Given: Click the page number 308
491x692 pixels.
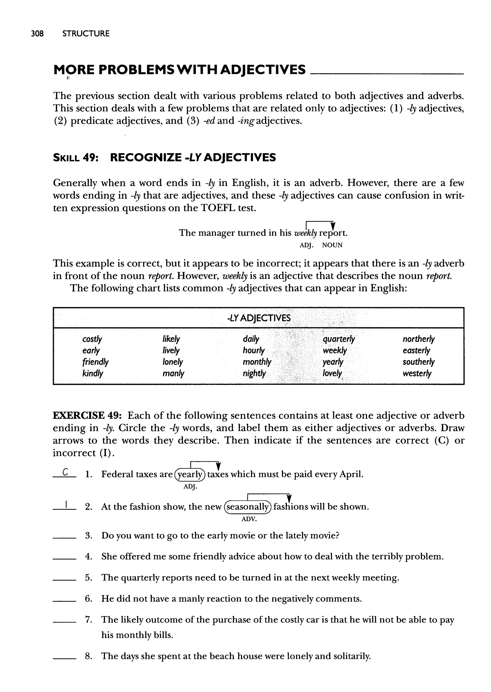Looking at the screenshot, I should point(37,34).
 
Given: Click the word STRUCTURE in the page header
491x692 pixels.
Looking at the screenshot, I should point(86,34).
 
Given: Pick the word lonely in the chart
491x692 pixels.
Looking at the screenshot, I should point(173,362).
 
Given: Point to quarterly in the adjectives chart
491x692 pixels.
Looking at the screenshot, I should point(339,339).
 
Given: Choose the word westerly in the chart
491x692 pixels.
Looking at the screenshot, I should point(417,373).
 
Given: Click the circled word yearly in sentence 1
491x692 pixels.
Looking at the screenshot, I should point(190,474).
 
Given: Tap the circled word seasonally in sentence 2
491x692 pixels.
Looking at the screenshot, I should point(248,507).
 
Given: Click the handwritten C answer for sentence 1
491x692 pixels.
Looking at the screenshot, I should point(65,472).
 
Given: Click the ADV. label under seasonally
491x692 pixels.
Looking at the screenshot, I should point(249,519).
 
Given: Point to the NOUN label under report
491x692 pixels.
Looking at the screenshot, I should point(332,245).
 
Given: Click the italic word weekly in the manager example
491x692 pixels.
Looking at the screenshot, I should point(305,233).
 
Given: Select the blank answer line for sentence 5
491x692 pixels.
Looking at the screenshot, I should point(64,580).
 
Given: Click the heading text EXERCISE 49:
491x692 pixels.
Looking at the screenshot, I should point(87,416).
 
